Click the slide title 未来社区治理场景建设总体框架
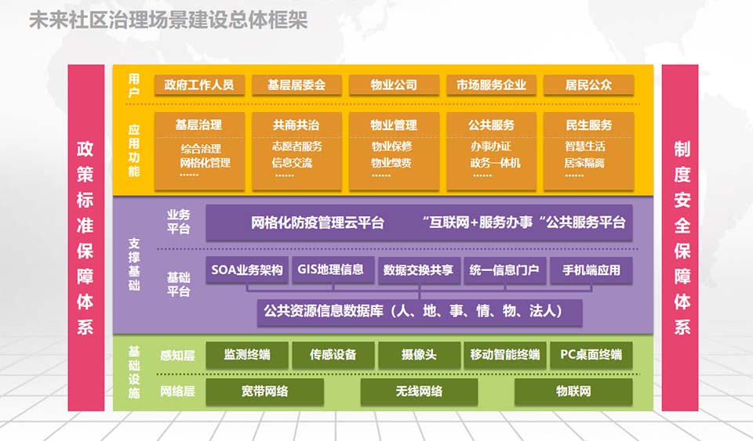168,20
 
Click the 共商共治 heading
296,125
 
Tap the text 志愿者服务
296,146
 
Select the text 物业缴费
391,163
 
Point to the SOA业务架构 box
247,270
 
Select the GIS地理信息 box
331,270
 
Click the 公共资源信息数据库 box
420,312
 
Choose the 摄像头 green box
419,355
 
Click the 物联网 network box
573,391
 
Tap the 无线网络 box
419,391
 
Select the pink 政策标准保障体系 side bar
85,237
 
